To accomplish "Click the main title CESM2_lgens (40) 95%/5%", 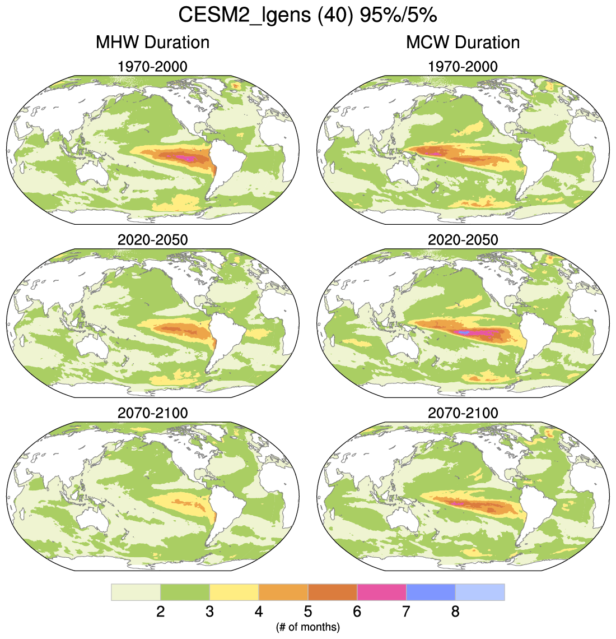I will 307,15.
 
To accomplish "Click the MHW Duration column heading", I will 152,43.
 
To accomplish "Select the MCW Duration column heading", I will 463,43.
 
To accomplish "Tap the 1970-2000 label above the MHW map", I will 152,67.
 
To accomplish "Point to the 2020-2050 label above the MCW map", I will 463,240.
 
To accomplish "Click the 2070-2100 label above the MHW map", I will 152,413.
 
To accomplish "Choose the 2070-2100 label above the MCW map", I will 463,413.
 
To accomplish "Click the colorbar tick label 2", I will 160,612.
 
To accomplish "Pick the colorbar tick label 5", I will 307,612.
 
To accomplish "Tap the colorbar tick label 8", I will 455,612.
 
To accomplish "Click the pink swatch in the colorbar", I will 381,592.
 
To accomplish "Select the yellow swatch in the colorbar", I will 234,592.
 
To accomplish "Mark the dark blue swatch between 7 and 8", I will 430,592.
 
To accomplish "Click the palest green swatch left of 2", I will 136,592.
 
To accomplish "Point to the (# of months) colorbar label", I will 307,627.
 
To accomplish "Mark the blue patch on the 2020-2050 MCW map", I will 463,333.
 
